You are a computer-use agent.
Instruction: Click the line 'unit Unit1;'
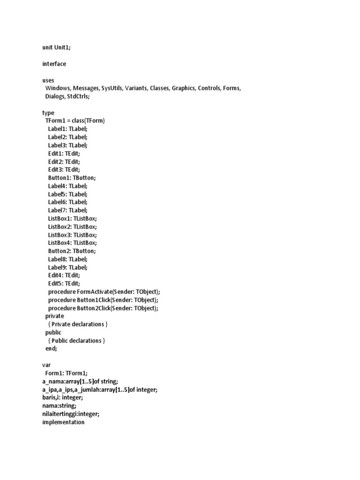(x=57, y=47)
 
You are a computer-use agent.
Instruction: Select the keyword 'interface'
(x=54, y=64)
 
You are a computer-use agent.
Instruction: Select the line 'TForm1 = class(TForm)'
(x=75, y=120)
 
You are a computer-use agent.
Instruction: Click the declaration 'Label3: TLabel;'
(x=67, y=145)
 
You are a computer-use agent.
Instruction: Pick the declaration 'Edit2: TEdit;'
(x=64, y=161)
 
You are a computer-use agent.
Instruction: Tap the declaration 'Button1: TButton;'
(x=72, y=178)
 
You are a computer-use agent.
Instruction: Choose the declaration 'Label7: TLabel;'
(x=67, y=210)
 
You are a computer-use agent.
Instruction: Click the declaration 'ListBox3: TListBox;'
(x=72, y=234)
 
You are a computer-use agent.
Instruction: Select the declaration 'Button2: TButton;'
(x=72, y=251)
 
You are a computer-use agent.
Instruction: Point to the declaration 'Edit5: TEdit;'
(x=64, y=284)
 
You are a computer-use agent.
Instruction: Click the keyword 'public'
(x=53, y=332)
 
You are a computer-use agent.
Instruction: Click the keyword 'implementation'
(x=63, y=422)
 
